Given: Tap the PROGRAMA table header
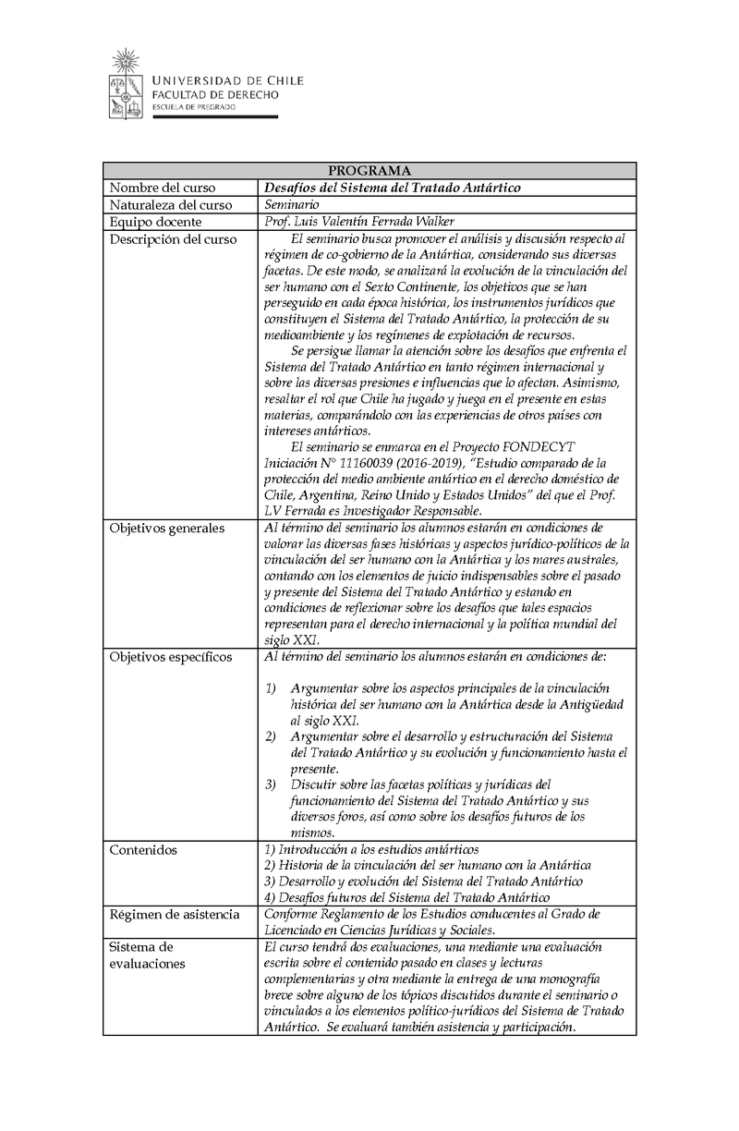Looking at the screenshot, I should click(369, 171).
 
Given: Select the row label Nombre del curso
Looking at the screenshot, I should click(163, 188).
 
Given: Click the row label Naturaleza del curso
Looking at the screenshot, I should click(169, 204).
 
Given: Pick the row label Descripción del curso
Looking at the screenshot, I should click(173, 239).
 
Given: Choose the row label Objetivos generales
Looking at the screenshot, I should click(166, 529).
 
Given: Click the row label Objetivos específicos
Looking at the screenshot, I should click(171, 657).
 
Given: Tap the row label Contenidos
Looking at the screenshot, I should click(143, 849).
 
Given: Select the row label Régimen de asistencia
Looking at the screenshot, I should click(175, 914).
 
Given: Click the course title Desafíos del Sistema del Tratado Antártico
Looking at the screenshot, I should click(393, 188).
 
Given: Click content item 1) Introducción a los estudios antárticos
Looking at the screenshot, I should click(371, 849).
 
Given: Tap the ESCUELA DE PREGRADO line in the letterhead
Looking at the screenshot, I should click(193, 107).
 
